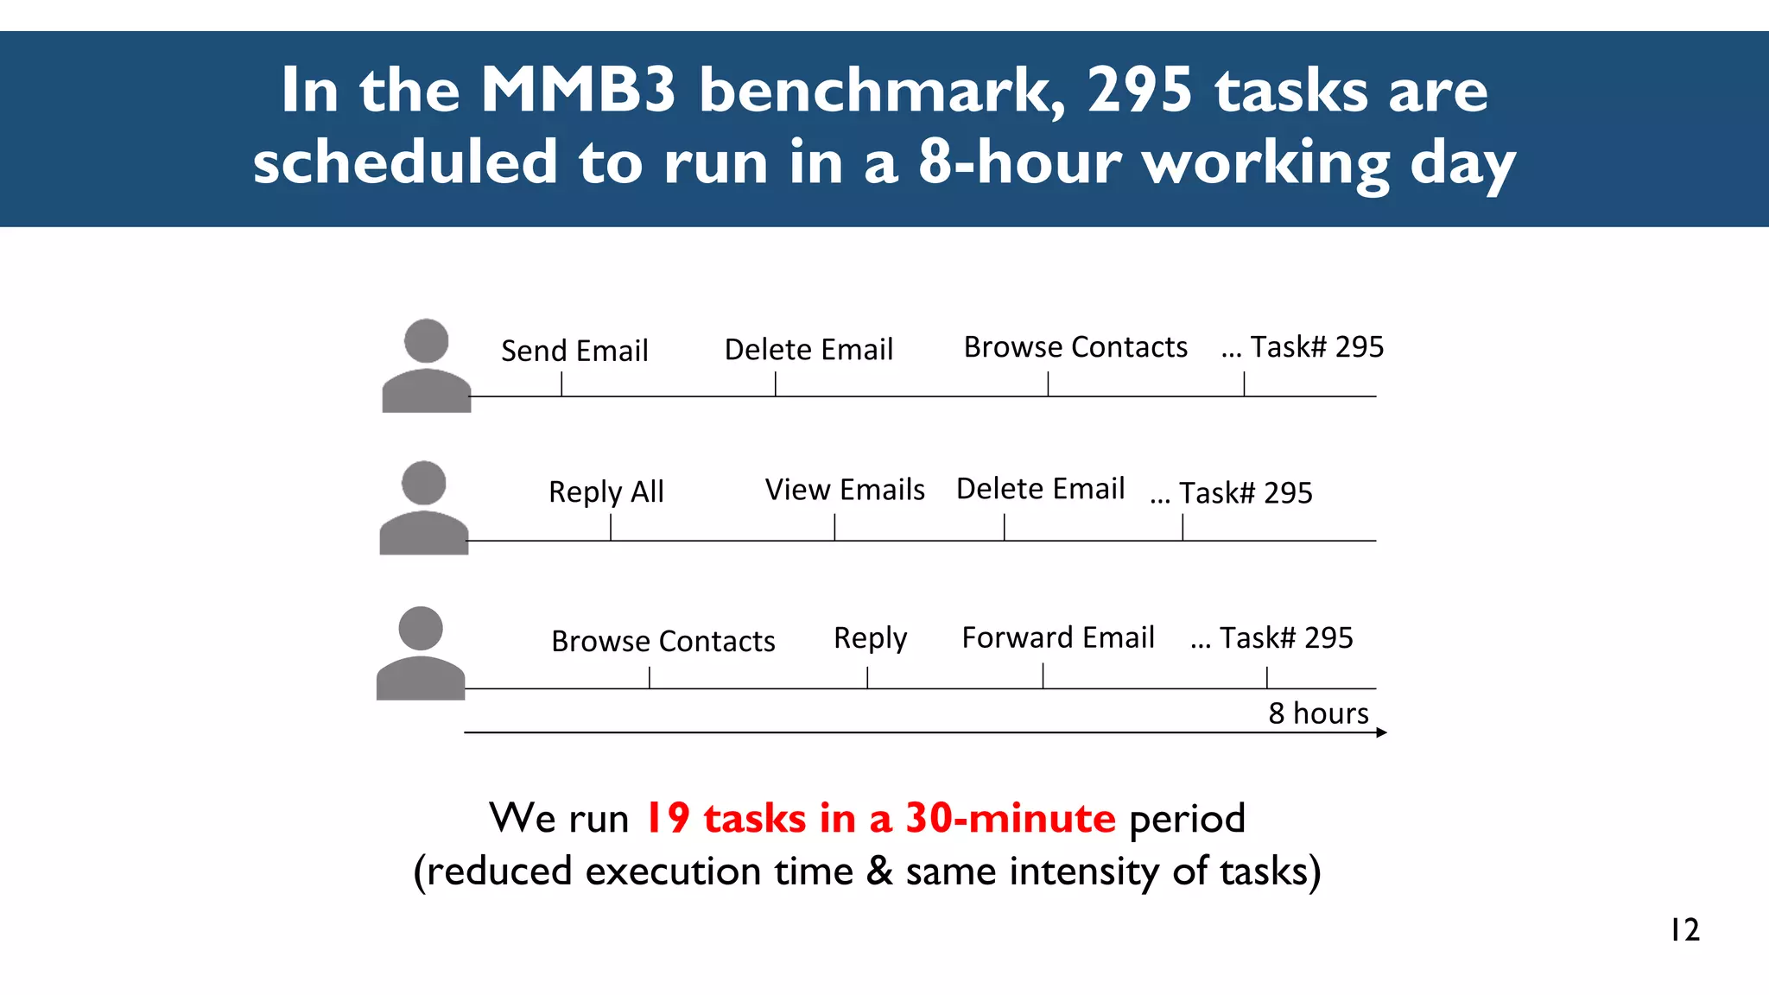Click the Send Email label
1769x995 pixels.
[x=574, y=351]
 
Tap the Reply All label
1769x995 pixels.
[x=606, y=491]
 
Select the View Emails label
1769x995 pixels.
[x=844, y=490]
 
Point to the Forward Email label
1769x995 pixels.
[x=1057, y=637]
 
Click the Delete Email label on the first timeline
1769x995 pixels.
[x=808, y=350]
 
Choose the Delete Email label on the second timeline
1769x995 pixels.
[x=1040, y=489]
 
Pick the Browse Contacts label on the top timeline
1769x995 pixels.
[x=1075, y=347]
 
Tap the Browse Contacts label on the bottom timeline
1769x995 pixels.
[x=663, y=641]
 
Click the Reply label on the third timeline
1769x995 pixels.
[x=870, y=638]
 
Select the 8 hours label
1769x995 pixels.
[x=1318, y=713]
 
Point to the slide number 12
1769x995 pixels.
[x=1684, y=930]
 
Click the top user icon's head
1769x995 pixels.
[x=426, y=340]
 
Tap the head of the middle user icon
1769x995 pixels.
[x=423, y=483]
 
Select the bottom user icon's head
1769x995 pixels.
[x=421, y=628]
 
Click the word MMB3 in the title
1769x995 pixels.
[x=578, y=90]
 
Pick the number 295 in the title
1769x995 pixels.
[x=1139, y=90]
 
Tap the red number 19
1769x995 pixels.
[x=668, y=818]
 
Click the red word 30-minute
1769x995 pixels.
[x=1010, y=818]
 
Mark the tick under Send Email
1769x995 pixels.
[x=561, y=384]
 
